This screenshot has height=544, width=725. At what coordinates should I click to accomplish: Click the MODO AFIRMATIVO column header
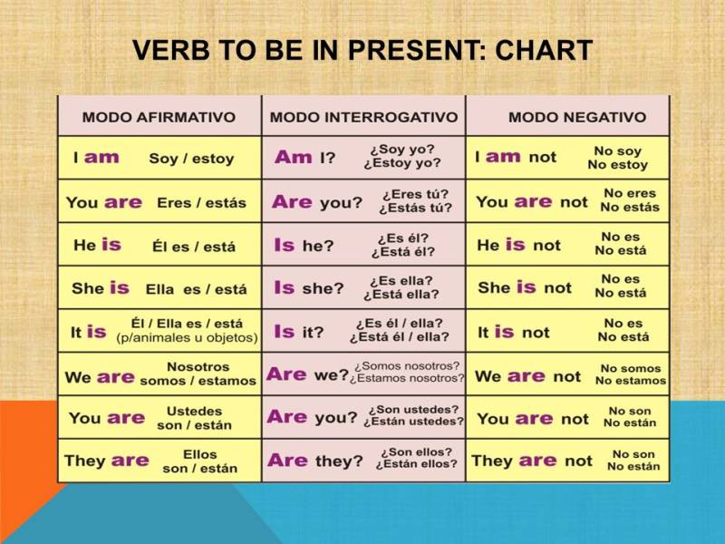[159, 118]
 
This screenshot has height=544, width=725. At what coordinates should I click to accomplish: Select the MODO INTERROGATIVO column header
[363, 118]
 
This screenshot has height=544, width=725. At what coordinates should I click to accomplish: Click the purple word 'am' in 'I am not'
[503, 157]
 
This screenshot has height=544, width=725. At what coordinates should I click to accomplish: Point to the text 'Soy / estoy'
[191, 159]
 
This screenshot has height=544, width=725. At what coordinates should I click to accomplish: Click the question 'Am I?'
[304, 158]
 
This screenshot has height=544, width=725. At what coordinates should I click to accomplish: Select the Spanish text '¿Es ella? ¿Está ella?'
[401, 287]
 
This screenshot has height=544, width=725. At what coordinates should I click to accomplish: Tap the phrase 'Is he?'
[304, 245]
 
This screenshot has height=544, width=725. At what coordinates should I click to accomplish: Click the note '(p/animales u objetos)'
[188, 337]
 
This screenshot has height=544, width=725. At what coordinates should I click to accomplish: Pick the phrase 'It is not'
[513, 332]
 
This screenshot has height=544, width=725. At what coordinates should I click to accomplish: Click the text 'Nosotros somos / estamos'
[198, 374]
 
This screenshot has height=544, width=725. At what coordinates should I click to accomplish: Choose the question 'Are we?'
[307, 374]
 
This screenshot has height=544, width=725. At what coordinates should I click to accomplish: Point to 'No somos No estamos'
[630, 374]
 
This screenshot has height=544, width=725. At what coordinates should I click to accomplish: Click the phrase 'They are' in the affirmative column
[106, 461]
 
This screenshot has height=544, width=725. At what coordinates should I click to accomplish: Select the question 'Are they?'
[314, 461]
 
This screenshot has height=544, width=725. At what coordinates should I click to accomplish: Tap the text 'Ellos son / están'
[199, 461]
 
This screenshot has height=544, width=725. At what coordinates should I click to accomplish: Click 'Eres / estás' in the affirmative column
[201, 203]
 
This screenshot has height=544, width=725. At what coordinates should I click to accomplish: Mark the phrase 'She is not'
[525, 287]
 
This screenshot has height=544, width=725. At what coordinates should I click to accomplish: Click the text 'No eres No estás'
[630, 200]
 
